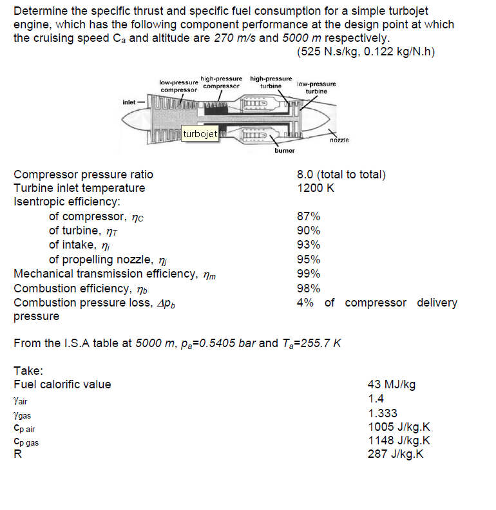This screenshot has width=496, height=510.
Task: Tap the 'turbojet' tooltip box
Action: tap(201, 134)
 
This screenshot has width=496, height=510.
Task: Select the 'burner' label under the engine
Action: tap(284, 151)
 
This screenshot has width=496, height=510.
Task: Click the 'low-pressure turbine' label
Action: tap(316, 88)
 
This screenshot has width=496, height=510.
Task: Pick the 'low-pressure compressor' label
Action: tap(178, 86)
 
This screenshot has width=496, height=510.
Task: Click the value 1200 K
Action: tap(315, 188)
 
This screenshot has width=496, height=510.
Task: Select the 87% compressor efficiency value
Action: tap(309, 216)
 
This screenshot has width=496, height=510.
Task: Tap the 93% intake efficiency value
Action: tap(309, 245)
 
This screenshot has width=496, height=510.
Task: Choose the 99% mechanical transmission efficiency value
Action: tap(309, 274)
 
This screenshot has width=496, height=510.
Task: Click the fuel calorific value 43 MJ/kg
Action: tap(391, 384)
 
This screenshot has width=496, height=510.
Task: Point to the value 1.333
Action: tap(382, 413)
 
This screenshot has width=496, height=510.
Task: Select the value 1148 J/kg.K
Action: tap(398, 440)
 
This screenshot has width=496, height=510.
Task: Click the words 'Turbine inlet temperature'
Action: tap(79, 188)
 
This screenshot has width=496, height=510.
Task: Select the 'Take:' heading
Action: tap(29, 370)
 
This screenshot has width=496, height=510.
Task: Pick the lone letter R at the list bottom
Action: tap(17, 454)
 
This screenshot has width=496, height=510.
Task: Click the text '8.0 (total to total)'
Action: tap(341, 174)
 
